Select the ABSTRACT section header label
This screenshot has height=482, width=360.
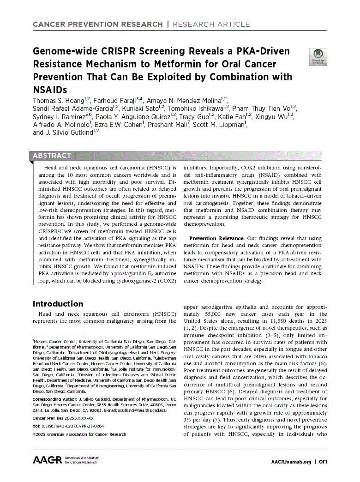(52, 156)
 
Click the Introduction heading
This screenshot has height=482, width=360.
(58, 304)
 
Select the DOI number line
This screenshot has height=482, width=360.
(68, 426)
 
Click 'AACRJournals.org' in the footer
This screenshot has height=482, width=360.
(291, 462)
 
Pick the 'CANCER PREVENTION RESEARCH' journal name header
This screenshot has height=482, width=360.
(97, 24)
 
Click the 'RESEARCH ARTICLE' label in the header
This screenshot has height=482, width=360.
(211, 24)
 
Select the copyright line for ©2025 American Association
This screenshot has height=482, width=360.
(79, 434)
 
